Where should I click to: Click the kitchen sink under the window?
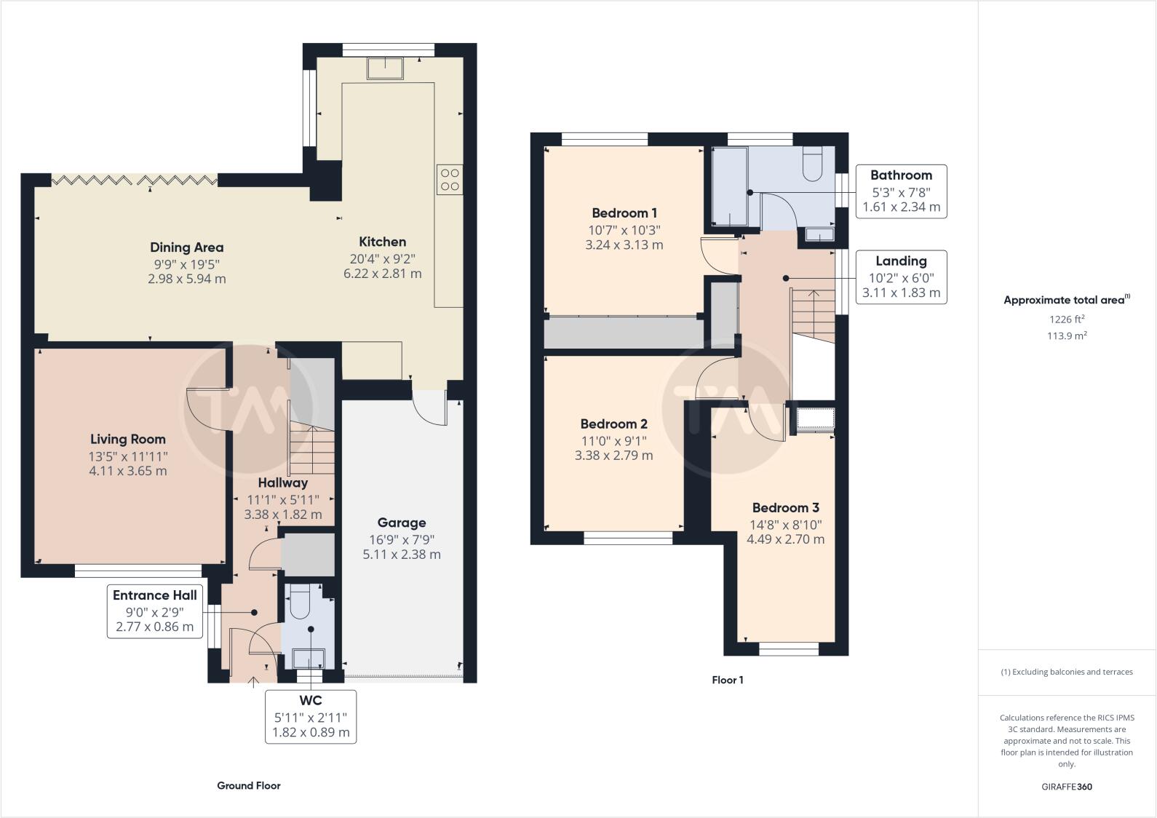click(x=387, y=68)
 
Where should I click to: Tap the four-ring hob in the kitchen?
click(x=449, y=180)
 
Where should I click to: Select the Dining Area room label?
click(x=186, y=247)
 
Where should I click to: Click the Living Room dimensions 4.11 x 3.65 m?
click(x=128, y=471)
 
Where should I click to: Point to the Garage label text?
click(x=402, y=523)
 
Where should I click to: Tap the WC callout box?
click(x=311, y=716)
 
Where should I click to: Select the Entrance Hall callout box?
click(x=154, y=611)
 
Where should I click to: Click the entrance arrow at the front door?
click(x=253, y=682)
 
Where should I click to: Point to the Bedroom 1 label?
click(x=624, y=213)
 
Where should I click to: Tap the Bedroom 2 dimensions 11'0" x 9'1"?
click(x=613, y=440)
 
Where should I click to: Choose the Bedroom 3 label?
click(x=785, y=508)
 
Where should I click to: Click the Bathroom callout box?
click(x=901, y=191)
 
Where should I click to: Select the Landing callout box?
click(x=901, y=277)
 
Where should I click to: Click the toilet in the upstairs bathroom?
click(x=812, y=164)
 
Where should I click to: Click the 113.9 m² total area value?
click(x=1067, y=336)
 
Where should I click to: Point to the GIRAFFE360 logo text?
click(x=1067, y=787)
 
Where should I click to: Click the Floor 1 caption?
click(x=727, y=680)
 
